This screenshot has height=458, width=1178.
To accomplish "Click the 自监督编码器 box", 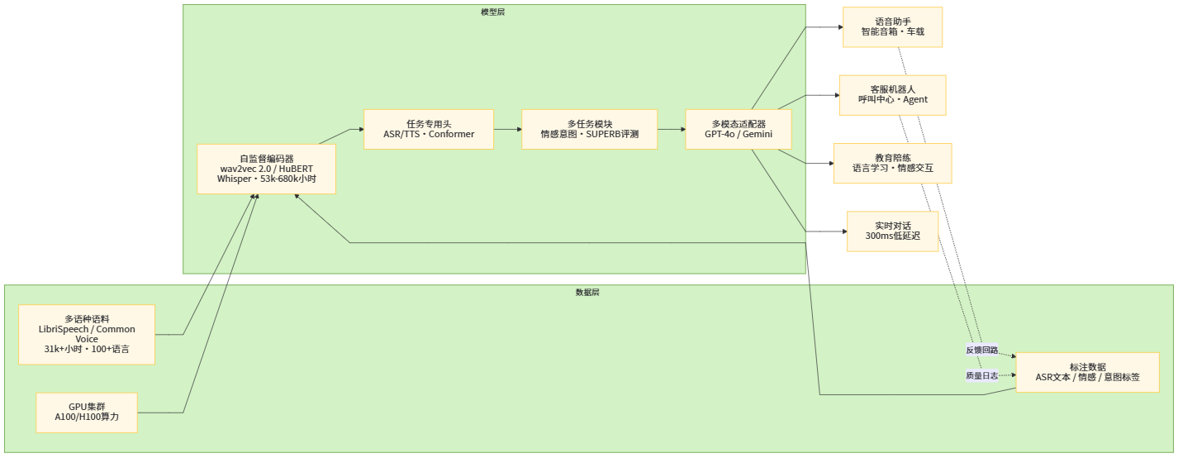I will point(266,169).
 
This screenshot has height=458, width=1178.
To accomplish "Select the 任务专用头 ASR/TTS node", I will point(429,129).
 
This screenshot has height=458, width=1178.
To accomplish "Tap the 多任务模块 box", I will point(589,129).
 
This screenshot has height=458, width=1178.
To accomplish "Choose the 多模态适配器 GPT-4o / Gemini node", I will point(739,129).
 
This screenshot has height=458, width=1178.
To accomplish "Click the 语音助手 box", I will point(892,27).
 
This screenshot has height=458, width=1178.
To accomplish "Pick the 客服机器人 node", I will point(892,94).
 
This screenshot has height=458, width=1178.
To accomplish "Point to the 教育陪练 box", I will point(892,163).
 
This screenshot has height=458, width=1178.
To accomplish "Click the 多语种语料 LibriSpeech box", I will point(87,334).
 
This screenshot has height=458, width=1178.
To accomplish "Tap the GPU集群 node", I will point(87,412).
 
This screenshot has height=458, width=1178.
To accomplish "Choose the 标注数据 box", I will point(1087,372).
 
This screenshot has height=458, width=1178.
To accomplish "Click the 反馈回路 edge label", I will point(981,350).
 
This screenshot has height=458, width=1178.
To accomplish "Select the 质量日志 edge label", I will point(981,375).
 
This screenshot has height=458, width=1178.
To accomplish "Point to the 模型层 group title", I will point(492,12).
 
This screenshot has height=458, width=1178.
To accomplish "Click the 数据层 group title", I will point(587,293).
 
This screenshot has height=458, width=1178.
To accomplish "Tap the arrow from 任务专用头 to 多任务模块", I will point(507,129).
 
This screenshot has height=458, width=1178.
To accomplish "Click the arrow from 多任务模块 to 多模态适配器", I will point(671,129).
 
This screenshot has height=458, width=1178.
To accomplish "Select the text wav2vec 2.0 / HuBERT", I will point(266,169).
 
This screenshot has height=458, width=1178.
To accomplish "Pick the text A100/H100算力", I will point(87,417).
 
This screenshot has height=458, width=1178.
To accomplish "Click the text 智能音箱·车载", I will point(892,32).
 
